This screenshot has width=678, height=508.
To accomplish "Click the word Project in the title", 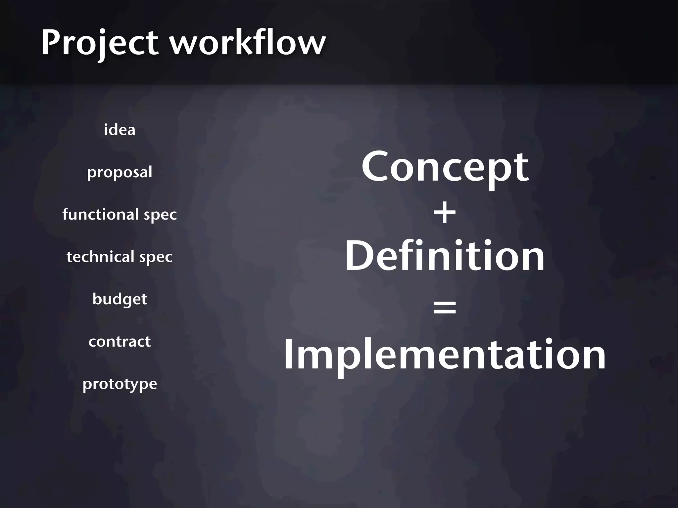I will [99, 43].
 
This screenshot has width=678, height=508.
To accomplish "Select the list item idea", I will [120, 130].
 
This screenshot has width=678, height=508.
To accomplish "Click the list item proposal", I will [120, 172].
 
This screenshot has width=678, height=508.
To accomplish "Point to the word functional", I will [100, 214].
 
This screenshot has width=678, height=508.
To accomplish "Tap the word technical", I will [100, 257].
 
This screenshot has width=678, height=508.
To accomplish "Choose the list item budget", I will [120, 299].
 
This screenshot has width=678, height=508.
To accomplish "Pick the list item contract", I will [120, 341].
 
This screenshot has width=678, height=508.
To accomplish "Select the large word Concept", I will [445, 167].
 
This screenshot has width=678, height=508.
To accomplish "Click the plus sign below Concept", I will [445, 213].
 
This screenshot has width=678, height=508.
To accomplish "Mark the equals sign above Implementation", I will [445, 307].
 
